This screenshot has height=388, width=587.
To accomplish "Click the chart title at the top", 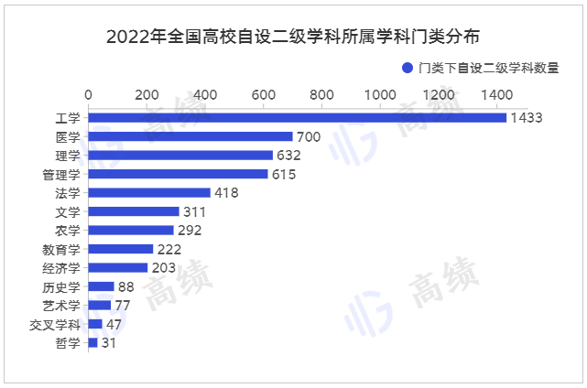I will tap(293, 38).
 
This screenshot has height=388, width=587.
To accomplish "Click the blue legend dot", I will tap(408, 68).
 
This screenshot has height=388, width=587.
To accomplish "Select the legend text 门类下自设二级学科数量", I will tap(487, 68).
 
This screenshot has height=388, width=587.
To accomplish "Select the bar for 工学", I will tap(297, 117).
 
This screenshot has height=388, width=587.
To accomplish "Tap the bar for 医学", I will tap(190, 136).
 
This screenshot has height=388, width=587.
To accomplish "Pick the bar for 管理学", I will tap(178, 174).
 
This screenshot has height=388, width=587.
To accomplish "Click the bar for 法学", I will tap(149, 193).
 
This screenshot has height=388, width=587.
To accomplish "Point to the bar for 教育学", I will tap(121, 249).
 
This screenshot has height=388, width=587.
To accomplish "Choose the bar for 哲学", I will tap(92, 342).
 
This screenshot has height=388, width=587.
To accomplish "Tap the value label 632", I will tap(288, 156).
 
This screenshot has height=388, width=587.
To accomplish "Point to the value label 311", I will tap(195, 211).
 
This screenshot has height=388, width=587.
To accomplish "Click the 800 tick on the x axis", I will tap(321, 94).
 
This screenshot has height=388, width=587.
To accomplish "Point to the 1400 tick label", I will tap(497, 94).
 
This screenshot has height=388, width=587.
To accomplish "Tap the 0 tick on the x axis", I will tap(89, 94).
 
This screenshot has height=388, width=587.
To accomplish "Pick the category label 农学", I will tap(68, 231).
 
